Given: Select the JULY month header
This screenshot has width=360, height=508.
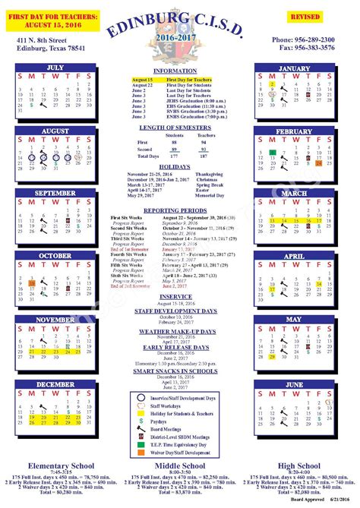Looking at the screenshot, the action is pyautogui.click(x=55, y=68).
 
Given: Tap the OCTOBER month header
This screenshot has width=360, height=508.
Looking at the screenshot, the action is pyautogui.click(x=55, y=256).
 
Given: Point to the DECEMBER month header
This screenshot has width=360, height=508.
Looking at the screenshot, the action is pyautogui.click(x=55, y=384).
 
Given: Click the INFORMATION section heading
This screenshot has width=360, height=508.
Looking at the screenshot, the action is pyautogui.click(x=175, y=71).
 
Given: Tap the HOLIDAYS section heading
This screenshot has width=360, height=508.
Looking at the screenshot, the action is pyautogui.click(x=175, y=166).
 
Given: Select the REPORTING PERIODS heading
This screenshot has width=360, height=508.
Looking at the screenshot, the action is pyautogui.click(x=175, y=210).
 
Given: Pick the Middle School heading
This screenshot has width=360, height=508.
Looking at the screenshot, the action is pyautogui.click(x=180, y=465).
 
